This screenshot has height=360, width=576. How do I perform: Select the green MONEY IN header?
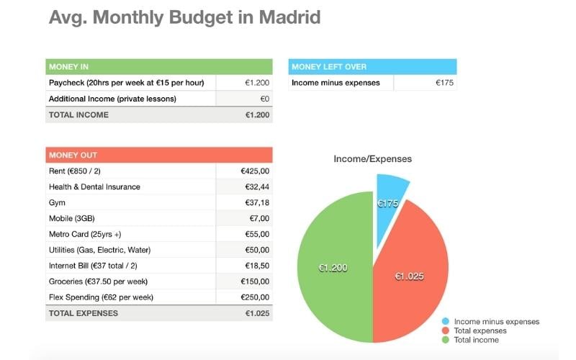point(158,67)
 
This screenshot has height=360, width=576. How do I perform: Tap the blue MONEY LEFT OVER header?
point(372,67)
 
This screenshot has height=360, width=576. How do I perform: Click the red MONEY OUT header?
point(158,155)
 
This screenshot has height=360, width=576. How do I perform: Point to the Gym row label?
point(57,203)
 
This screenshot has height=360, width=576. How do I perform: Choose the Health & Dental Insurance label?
point(94,187)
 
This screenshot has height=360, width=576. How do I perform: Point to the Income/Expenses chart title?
point(372,158)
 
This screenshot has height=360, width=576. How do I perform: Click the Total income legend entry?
point(476,340)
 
